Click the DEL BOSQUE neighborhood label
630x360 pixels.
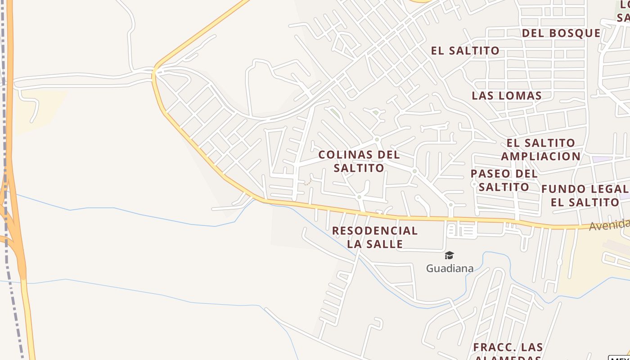[561, 33]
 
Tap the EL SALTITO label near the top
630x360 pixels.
[465, 51]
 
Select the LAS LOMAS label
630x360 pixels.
[506, 95]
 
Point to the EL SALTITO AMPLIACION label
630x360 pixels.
[540, 149]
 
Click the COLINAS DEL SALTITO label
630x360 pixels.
[359, 161]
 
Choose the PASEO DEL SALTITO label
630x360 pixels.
[504, 180]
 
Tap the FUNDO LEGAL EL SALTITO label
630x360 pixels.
[585, 195]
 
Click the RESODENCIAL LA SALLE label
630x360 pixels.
[375, 237]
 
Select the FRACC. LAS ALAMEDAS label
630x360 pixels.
[508, 351]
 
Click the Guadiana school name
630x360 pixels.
[450, 269]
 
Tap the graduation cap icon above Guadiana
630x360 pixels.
[449, 256]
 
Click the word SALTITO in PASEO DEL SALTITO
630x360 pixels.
[504, 187]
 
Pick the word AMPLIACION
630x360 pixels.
[540, 156]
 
